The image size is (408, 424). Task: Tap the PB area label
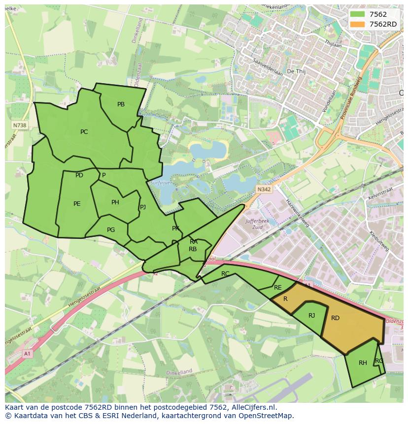pyautogui.click(x=121, y=104)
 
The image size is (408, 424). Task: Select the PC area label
pyautogui.click(x=84, y=132)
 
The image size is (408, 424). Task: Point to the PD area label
pyautogui.click(x=79, y=175)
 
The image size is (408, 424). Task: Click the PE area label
pyautogui.click(x=77, y=204)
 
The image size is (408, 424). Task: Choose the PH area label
pyautogui.click(x=115, y=202)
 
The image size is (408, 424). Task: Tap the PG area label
pyautogui.click(x=111, y=230)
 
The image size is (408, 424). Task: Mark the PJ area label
pyautogui.click(x=143, y=207)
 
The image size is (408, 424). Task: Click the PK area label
pyautogui.click(x=175, y=228)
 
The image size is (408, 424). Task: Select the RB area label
pyautogui.click(x=193, y=249)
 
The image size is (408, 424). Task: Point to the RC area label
pyautogui.click(x=225, y=274)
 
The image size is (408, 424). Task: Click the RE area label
pyautogui.click(x=277, y=288)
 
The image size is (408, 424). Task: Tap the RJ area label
pyautogui.click(x=311, y=316)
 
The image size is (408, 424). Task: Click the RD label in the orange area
pyautogui.click(x=335, y=318)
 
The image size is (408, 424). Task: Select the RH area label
pyautogui.click(x=363, y=363)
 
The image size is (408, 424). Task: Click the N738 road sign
pyautogui.click(x=20, y=126)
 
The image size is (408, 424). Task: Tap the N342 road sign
pyautogui.click(x=264, y=189)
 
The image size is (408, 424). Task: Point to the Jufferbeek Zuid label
pyautogui.click(x=257, y=225)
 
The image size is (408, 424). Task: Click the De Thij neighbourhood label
pyautogui.click(x=297, y=71)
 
